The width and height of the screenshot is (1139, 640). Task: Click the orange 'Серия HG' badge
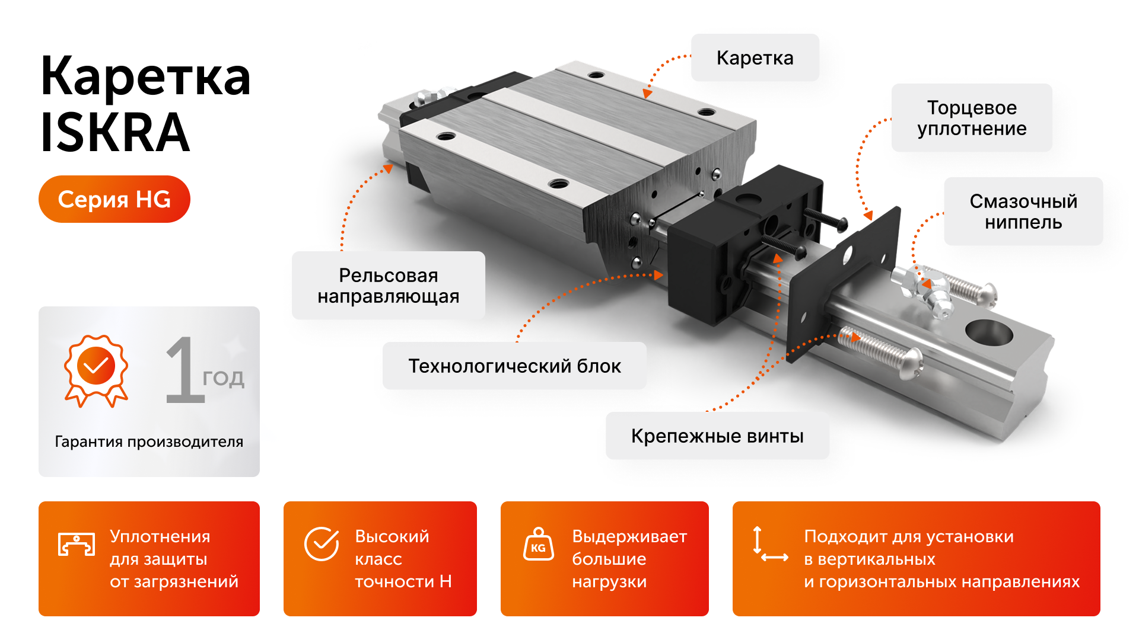click(x=114, y=199)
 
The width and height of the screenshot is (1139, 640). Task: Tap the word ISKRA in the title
click(x=115, y=133)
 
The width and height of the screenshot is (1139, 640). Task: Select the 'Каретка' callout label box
click(x=755, y=57)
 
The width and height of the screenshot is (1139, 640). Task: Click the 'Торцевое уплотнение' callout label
click(x=972, y=118)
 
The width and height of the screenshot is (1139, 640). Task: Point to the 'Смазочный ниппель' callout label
click(x=1023, y=212)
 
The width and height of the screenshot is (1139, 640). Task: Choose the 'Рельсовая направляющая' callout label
click(x=388, y=286)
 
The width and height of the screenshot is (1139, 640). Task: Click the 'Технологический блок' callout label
click(x=514, y=366)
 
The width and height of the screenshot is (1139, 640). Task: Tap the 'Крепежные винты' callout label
click(x=717, y=436)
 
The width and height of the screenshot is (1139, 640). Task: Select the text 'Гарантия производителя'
click(x=149, y=441)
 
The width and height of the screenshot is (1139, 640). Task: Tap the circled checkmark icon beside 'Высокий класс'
click(x=322, y=543)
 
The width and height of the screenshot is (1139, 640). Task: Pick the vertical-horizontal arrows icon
click(x=769, y=544)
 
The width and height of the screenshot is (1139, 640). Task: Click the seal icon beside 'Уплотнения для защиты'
click(x=77, y=544)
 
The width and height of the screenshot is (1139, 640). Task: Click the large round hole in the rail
click(x=988, y=333)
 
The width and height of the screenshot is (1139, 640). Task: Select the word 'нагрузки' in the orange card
click(x=609, y=582)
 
